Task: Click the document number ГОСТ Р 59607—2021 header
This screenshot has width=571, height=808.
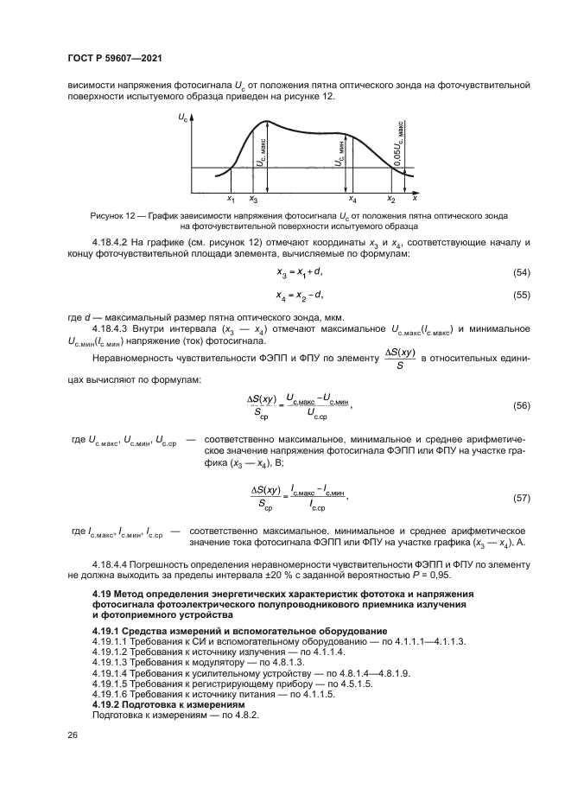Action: pos(115,58)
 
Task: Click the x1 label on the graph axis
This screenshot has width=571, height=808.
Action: pos(231,199)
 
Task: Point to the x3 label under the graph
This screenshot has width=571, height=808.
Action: pos(253,199)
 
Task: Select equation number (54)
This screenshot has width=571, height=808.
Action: pos(522,273)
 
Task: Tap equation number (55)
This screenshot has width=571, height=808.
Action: pos(522,295)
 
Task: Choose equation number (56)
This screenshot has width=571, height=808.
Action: pos(522,405)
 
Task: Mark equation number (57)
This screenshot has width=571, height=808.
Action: pos(522,498)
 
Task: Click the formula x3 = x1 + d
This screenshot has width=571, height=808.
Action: pos(299,273)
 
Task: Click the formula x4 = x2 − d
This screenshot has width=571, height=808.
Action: pos(299,295)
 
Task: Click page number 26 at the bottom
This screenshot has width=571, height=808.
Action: pos(73,735)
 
